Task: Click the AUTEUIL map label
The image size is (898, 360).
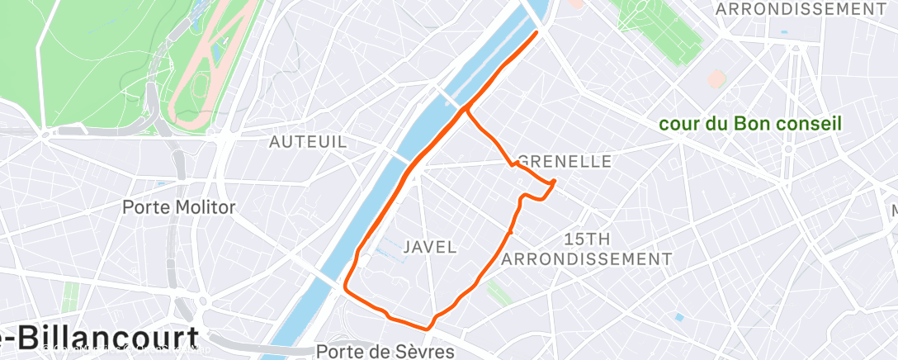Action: click(x=308, y=142)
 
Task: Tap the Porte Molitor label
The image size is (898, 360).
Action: click(x=178, y=207)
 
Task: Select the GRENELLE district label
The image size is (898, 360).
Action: click(x=565, y=162)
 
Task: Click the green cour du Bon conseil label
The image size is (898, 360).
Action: click(x=749, y=125)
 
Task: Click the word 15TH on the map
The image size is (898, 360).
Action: click(x=587, y=239)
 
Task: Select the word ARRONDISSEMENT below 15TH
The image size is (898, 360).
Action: click(x=587, y=259)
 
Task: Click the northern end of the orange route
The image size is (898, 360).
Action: click(x=538, y=32)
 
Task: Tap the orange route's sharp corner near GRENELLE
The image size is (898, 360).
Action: click(x=554, y=181)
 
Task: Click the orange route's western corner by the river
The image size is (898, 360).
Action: click(x=345, y=290)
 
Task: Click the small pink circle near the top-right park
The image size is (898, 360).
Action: click(x=716, y=79)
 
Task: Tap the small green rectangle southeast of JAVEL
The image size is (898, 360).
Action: click(x=497, y=291)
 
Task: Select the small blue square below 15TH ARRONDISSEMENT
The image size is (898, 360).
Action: click(x=678, y=317)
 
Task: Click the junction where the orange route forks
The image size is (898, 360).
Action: click(x=466, y=108)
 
